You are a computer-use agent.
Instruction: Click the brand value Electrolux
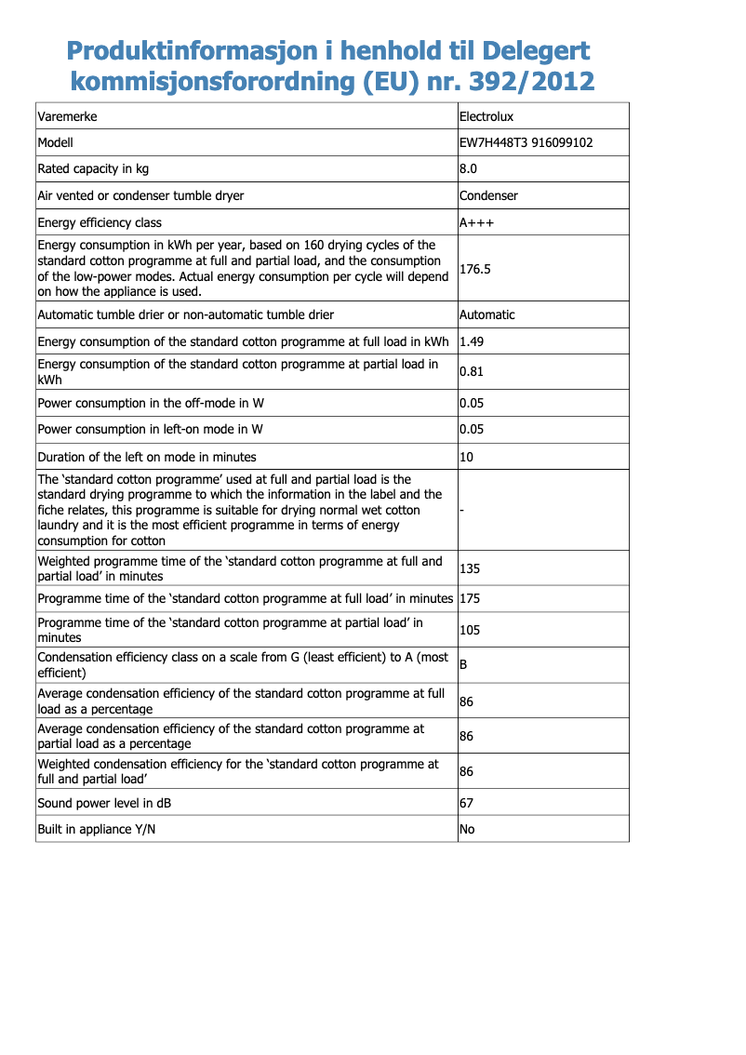coord(486,116)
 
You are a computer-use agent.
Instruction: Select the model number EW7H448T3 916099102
coord(526,142)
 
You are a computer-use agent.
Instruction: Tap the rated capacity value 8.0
coord(469,168)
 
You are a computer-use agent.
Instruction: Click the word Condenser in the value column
coord(489,195)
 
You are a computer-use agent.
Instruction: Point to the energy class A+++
coord(477,222)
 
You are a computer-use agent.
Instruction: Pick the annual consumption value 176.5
coord(475,269)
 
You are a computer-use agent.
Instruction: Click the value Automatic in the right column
coord(487,314)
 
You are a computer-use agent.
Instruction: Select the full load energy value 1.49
coord(472,341)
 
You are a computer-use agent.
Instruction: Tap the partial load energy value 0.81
coord(472,372)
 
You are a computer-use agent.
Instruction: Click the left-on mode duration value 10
coord(467,457)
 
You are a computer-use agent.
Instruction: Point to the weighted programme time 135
coord(470,568)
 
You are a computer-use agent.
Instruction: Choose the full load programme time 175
coord(470,598)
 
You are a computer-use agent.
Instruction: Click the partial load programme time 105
coord(470,630)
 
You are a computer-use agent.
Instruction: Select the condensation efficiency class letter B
coord(464,664)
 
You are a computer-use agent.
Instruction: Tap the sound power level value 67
coord(467,802)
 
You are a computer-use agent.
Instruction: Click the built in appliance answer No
coord(468,828)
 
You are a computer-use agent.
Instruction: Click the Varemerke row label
coord(67,116)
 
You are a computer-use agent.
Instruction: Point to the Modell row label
coord(55,142)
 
